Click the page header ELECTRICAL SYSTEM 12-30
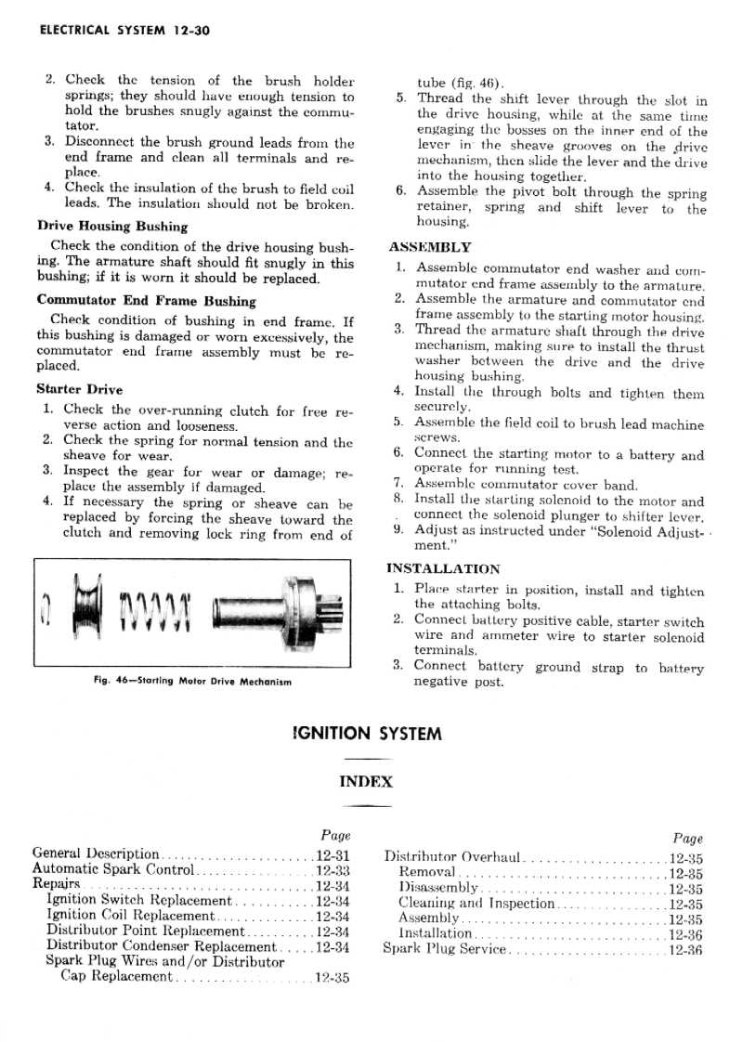pos(125,31)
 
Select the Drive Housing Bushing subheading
pos(111,226)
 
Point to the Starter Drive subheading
pos(79,389)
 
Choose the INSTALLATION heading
pos(442,568)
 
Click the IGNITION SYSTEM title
pos(367,734)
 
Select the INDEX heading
pos(366,781)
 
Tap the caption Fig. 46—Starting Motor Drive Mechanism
pos(193,682)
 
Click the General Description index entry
pos(96,853)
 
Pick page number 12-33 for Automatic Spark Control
pos(332,870)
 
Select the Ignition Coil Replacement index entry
pos(129,916)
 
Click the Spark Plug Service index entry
pos(446,948)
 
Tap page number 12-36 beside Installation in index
pos(685,933)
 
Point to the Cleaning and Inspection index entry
pos(476,903)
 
